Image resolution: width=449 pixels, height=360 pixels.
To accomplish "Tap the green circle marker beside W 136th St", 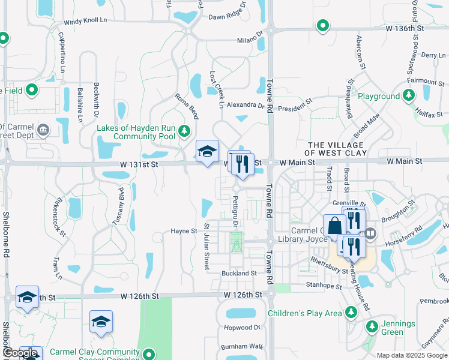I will pyautogui.click(x=323, y=26).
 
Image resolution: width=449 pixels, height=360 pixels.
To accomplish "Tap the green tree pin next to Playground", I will pyautogui.click(x=409, y=95).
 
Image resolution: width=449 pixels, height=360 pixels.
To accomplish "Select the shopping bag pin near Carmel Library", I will pyautogui.click(x=334, y=226).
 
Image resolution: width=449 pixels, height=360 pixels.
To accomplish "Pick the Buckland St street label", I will pyautogui.click(x=239, y=273).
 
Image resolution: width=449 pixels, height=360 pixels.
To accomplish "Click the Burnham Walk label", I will pyautogui.click(x=242, y=347).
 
